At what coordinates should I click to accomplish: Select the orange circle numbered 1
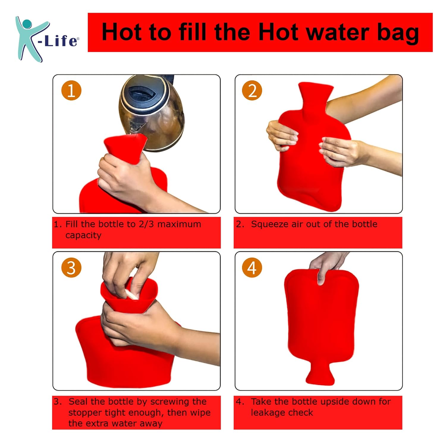[71, 90]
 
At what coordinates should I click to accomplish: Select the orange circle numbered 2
[252, 90]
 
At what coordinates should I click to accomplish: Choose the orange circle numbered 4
[252, 268]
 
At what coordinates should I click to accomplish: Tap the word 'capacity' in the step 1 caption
[83, 235]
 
